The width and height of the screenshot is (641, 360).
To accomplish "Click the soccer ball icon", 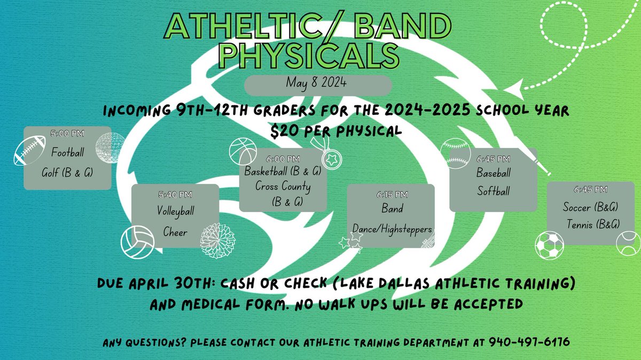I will tap(549, 246).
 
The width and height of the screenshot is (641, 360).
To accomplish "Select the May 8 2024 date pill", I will tap(318, 84).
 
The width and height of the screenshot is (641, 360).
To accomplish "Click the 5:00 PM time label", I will tap(67, 132).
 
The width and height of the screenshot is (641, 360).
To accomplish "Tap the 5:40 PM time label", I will tap(175, 194).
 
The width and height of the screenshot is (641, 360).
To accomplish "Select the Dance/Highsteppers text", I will tap(391, 229).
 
